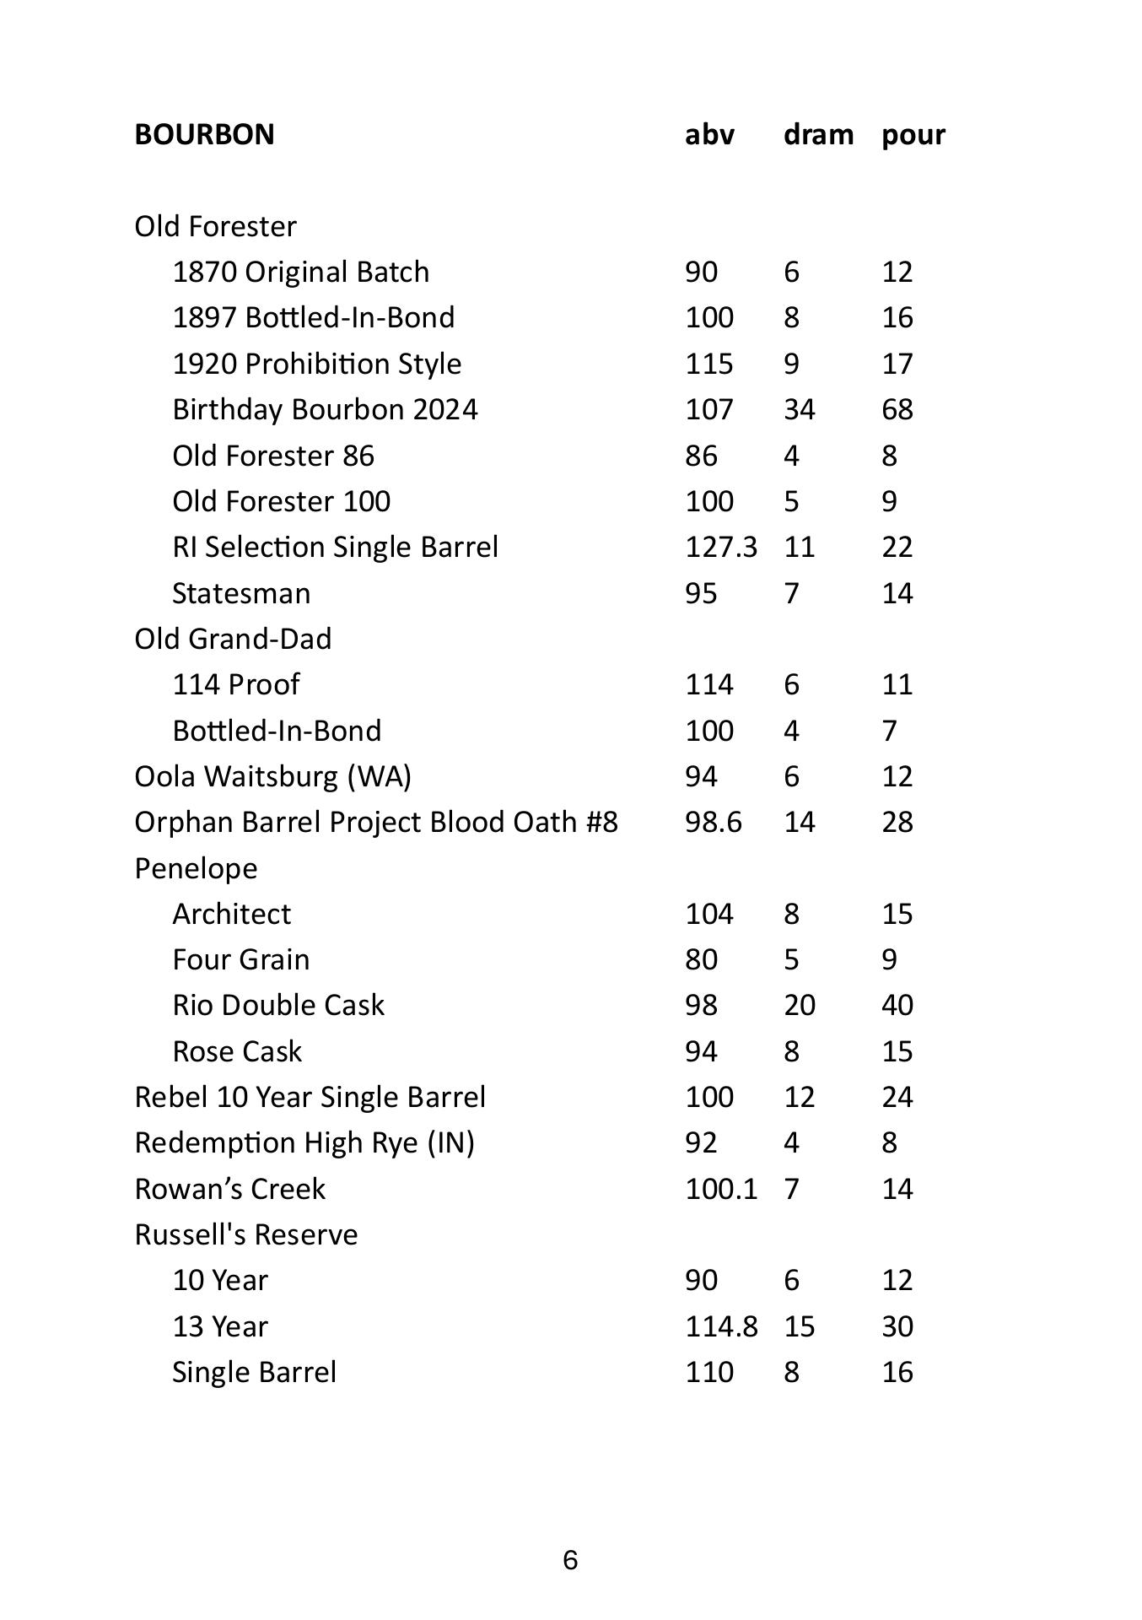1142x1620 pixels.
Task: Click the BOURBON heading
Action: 204,134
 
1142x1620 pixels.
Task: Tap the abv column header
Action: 709,134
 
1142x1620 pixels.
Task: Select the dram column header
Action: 818,134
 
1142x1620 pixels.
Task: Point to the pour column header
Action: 913,134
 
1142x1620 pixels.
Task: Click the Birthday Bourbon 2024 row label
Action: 325,409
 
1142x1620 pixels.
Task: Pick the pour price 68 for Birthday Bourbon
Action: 897,409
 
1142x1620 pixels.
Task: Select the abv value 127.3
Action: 721,547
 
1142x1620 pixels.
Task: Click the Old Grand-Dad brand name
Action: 233,639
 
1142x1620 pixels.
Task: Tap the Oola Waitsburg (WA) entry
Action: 272,776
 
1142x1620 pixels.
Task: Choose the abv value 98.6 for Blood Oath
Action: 714,822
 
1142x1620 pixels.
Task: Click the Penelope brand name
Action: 196,868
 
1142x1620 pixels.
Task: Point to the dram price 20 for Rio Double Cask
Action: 800,1005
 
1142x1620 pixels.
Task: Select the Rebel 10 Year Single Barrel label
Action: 310,1097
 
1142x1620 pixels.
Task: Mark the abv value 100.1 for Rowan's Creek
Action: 721,1189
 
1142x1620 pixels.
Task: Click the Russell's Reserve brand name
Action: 246,1234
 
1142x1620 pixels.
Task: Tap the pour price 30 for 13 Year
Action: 897,1326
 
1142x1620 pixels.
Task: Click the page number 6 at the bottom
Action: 570,1561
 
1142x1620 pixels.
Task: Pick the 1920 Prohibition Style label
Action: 316,364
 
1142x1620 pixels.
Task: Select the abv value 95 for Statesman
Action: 701,593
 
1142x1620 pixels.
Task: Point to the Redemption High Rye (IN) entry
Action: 304,1142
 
